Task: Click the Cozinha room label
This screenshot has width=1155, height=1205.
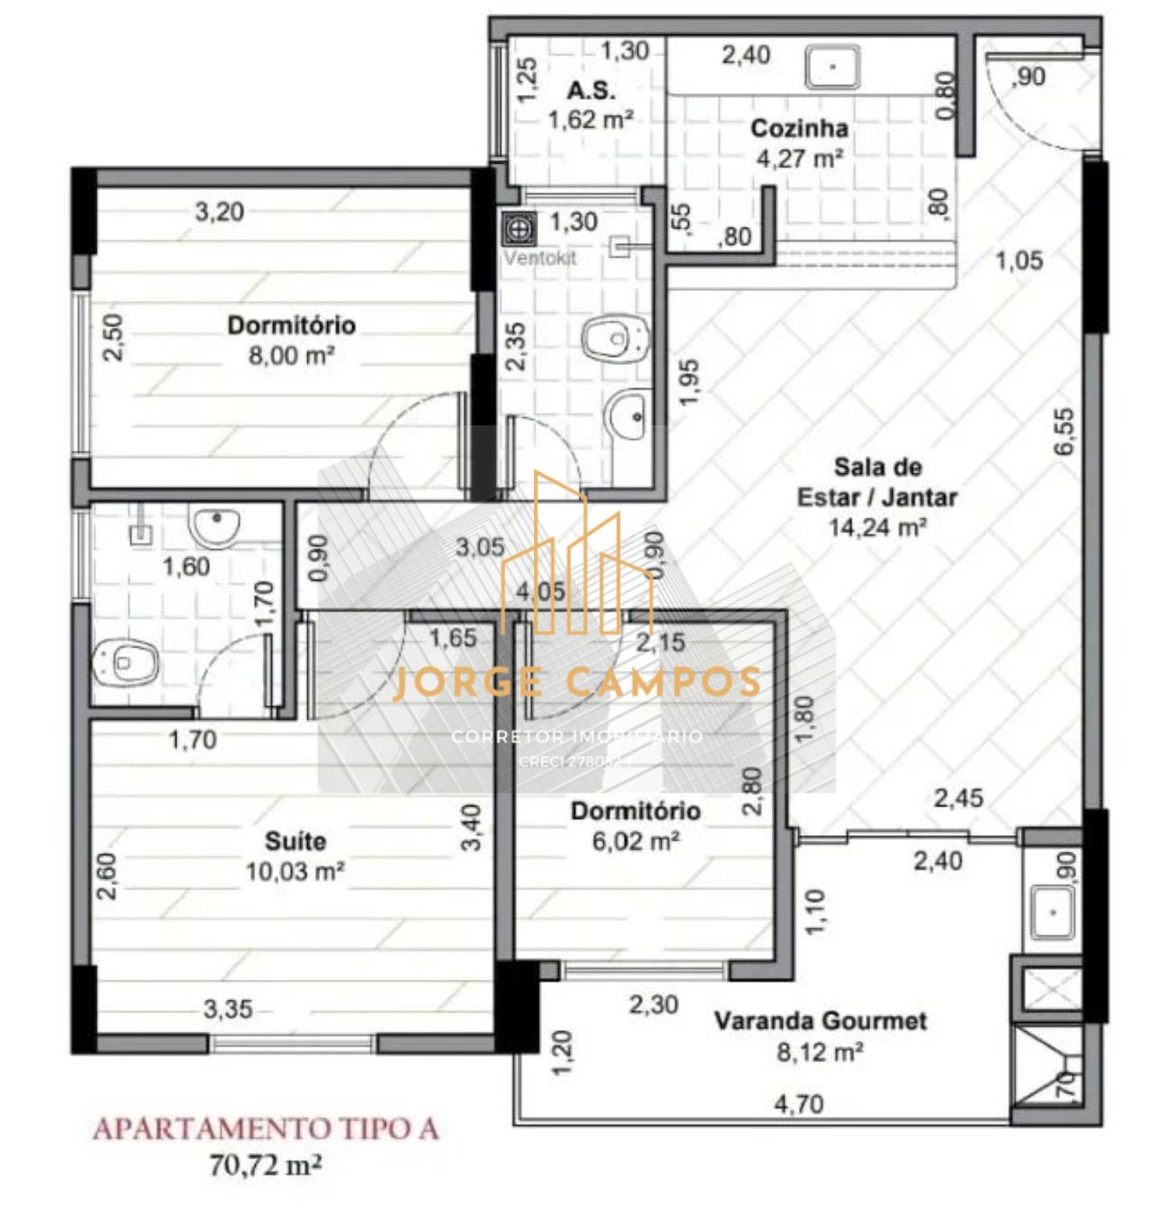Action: click(799, 128)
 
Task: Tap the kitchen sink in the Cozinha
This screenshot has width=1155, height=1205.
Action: click(833, 67)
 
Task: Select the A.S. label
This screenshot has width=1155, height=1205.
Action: click(591, 90)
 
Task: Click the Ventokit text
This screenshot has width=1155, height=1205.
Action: click(540, 258)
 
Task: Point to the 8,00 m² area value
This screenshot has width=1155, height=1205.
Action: click(290, 355)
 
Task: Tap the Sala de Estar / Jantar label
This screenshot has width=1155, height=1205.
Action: click(877, 482)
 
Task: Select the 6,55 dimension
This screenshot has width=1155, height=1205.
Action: click(1064, 432)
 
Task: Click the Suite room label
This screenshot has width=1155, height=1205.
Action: click(295, 841)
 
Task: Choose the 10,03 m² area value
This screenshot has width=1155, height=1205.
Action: click(295, 871)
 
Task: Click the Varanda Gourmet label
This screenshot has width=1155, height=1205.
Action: click(820, 1021)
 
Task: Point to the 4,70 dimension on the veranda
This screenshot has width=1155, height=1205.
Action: click(798, 1105)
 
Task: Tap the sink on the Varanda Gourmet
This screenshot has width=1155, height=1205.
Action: click(1052, 912)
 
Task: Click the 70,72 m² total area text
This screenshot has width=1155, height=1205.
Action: click(265, 1164)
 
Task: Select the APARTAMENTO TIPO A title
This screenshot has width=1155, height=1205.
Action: click(265, 1130)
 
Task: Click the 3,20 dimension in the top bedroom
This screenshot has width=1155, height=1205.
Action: click(219, 212)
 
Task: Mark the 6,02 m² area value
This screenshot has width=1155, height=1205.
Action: click(636, 841)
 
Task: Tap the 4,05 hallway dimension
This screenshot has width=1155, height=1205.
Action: click(541, 592)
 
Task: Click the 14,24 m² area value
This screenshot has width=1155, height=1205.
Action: click(877, 527)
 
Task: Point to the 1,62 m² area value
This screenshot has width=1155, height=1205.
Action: click(590, 120)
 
